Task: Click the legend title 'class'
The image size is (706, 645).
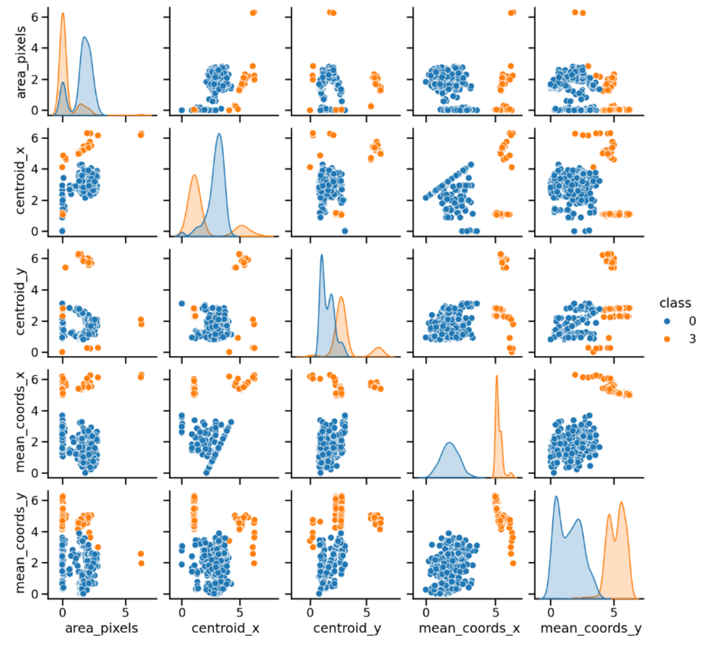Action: pos(675,303)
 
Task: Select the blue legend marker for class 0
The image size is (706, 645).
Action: pos(667,321)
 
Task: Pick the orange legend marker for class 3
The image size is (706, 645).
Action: pos(667,339)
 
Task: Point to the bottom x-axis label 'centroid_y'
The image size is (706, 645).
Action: pos(347,629)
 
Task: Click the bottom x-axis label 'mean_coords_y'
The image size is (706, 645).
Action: pos(591,629)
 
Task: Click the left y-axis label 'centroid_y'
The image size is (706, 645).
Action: pos(20,302)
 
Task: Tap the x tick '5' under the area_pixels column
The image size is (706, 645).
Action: pos(125,613)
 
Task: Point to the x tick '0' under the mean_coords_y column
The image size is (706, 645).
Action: pos(551,613)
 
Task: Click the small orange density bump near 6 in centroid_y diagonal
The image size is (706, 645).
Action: pos(379,348)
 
